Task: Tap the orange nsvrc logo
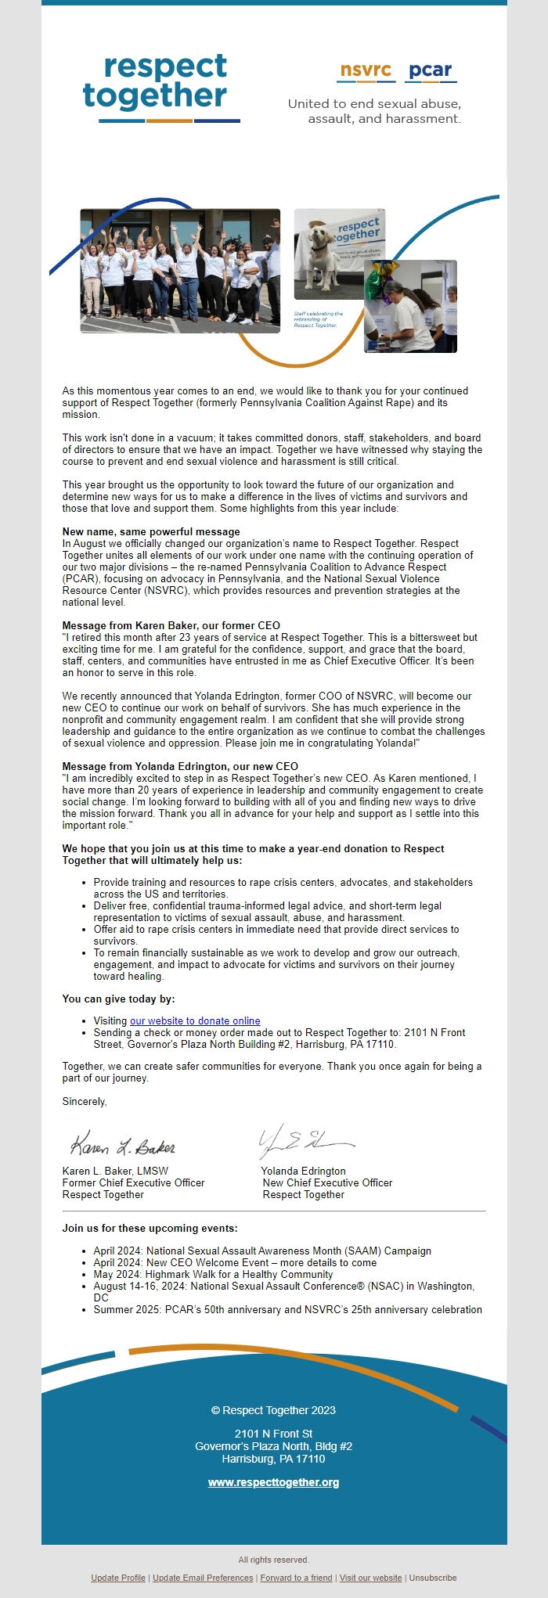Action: (366, 70)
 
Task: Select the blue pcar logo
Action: (431, 70)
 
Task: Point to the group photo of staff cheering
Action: (180, 270)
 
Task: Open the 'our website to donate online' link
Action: (195, 1020)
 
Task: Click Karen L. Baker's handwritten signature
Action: (123, 1146)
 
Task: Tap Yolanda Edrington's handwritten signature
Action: (305, 1143)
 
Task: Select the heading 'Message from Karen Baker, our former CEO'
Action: (171, 625)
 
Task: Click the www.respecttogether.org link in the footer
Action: (273, 1482)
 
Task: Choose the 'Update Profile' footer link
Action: (118, 1578)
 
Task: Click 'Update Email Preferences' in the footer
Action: (203, 1578)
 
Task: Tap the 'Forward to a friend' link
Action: (296, 1578)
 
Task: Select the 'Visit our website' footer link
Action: (370, 1578)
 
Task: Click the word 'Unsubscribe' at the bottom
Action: (433, 1578)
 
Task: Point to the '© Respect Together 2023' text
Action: (273, 1410)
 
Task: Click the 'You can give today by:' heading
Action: (118, 999)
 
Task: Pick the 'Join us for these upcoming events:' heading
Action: (150, 1228)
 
